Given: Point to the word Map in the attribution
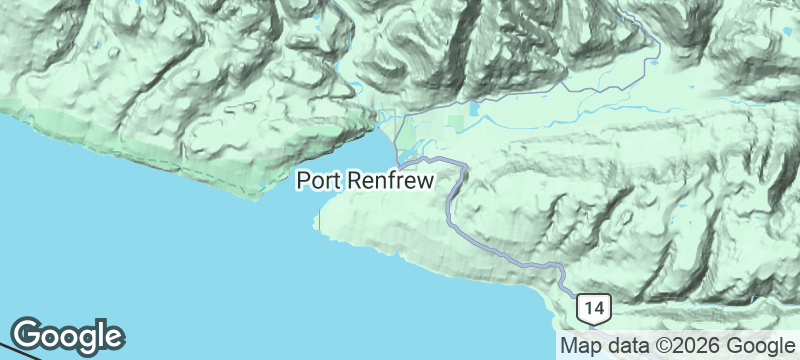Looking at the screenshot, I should pyautogui.click(x=581, y=346).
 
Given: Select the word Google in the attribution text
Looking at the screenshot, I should pyautogui.click(x=755, y=346).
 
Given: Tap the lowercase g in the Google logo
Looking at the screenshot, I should pyautogui.click(x=85, y=339).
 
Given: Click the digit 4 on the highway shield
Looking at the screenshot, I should pyautogui.click(x=598, y=307).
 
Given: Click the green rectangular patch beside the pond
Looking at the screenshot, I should pyautogui.click(x=456, y=123).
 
